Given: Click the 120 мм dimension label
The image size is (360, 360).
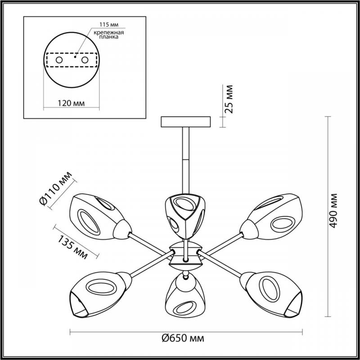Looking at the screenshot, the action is pyautogui.click(x=71, y=103).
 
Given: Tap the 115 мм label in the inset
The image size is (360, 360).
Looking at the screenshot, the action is pyautogui.click(x=109, y=25).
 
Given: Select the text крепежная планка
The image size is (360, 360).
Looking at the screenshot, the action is pyautogui.click(x=109, y=35).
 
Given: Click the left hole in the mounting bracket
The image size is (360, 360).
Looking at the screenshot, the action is pyautogui.click(x=59, y=60).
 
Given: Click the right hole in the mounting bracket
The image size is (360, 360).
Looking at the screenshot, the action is pyautogui.click(x=85, y=60).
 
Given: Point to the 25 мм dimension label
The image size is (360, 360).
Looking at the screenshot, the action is pyautogui.click(x=229, y=99).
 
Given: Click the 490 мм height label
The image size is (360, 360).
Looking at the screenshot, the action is pyautogui.click(x=333, y=211).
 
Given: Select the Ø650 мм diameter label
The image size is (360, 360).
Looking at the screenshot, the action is pyautogui.click(x=183, y=338).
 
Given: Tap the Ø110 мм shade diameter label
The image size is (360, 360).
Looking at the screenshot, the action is pyautogui.click(x=56, y=188).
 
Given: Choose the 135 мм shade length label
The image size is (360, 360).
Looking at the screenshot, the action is pyautogui.click(x=72, y=247).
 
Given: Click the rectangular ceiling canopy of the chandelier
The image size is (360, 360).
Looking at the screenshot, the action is pyautogui.click(x=186, y=122).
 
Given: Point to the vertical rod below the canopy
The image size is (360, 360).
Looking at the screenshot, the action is pyautogui.click(x=186, y=161).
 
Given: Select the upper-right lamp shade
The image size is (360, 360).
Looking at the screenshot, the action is pyautogui.click(x=271, y=216).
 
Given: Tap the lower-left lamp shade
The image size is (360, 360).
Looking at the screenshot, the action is pyautogui.click(x=100, y=295).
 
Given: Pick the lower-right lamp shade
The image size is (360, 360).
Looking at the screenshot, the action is pyautogui.click(x=271, y=295).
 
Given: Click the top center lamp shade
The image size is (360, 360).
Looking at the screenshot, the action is pyautogui.click(x=185, y=216).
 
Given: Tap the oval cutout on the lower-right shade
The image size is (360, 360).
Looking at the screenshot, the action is pyautogui.click(x=271, y=288).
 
